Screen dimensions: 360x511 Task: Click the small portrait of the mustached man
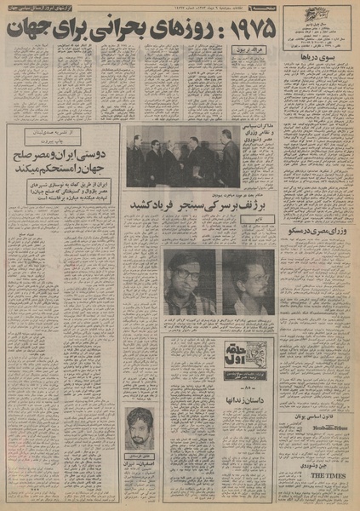click(x=134, y=426)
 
